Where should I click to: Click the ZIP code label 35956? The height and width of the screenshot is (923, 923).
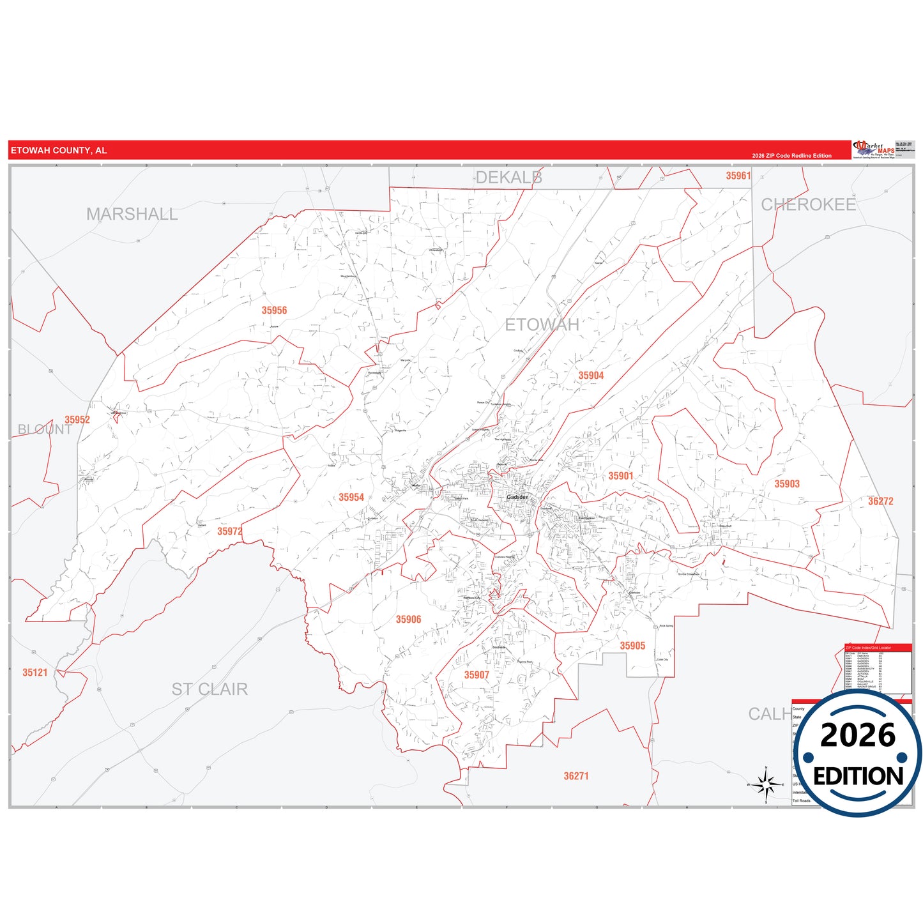(274, 310)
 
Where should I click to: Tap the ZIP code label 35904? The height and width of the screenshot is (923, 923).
(591, 376)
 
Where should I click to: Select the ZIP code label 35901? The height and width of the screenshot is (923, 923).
(620, 476)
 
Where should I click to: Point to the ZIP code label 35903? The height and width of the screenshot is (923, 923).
(787, 484)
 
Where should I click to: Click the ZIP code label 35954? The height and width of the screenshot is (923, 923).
(351, 498)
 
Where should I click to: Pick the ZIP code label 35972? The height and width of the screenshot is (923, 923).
(229, 531)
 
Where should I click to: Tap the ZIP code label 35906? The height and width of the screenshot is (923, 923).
(408, 620)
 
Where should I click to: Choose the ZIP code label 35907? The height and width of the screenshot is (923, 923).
(477, 675)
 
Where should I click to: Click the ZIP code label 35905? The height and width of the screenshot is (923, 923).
(632, 646)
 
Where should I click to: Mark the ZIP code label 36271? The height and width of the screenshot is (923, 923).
(576, 776)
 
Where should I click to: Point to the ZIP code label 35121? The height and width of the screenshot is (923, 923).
(35, 673)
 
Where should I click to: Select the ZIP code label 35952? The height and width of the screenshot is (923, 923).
(77, 420)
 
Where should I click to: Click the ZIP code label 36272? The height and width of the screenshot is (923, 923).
(880, 501)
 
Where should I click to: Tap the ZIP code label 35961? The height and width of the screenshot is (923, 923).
(738, 176)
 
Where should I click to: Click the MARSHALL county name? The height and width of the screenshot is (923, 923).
(132, 214)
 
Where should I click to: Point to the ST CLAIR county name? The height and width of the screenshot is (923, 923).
(210, 689)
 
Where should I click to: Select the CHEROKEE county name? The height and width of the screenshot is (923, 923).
(808, 204)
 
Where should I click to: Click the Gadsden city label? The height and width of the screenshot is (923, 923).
(517, 497)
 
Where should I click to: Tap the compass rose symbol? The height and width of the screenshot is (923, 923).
(766, 784)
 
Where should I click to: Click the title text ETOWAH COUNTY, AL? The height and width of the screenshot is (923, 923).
(59, 151)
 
